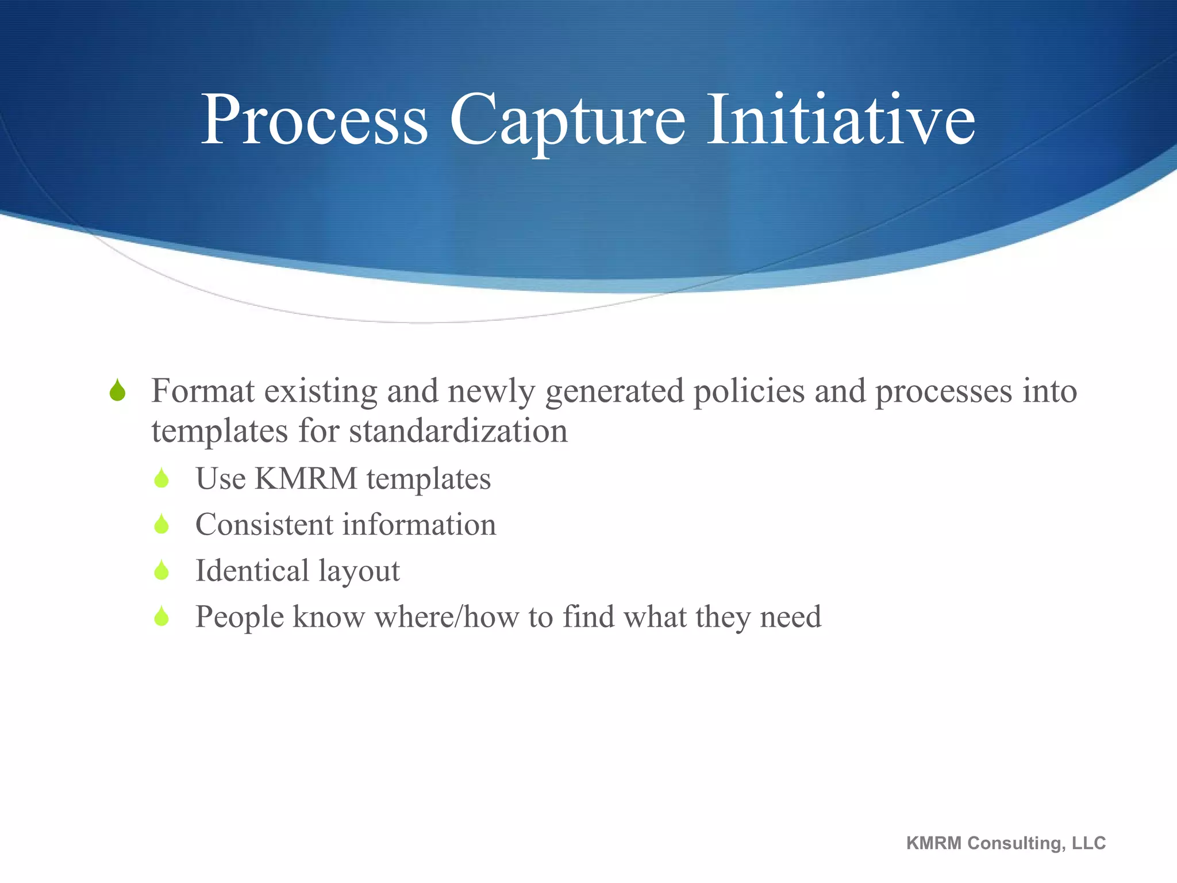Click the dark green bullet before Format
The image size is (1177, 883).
click(118, 390)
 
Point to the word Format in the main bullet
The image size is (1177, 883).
click(202, 391)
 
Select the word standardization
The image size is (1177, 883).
click(459, 431)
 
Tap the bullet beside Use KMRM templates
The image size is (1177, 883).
click(161, 478)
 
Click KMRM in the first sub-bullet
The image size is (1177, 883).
click(306, 478)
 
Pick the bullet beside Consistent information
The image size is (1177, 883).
click(161, 524)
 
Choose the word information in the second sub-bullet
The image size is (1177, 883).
click(420, 524)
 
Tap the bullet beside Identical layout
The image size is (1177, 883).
click(161, 570)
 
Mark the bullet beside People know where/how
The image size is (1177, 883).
click(161, 617)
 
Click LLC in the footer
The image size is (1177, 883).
click(1088, 843)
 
